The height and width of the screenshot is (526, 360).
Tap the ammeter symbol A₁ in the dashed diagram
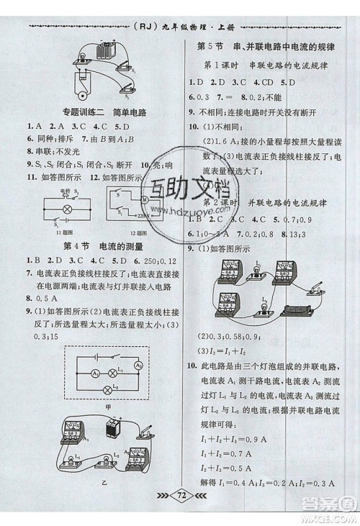[94, 373]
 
